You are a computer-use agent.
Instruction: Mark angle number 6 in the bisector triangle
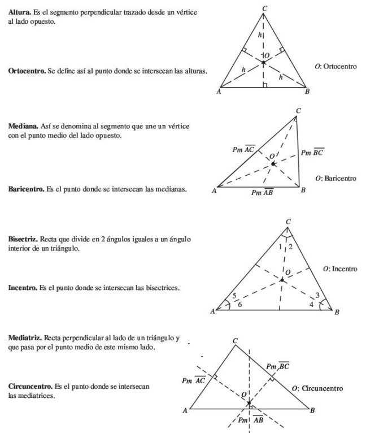click(x=241, y=305)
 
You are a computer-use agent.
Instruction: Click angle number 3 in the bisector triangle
click(x=319, y=295)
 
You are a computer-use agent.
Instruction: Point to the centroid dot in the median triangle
click(x=273, y=164)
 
